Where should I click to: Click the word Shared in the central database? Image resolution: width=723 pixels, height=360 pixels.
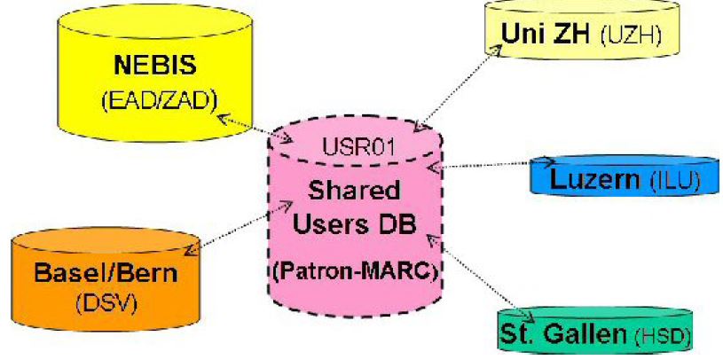[353, 190]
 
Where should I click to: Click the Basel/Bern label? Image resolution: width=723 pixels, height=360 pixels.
[106, 272]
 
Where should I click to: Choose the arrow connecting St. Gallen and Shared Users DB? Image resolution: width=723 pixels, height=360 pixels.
[480, 276]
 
